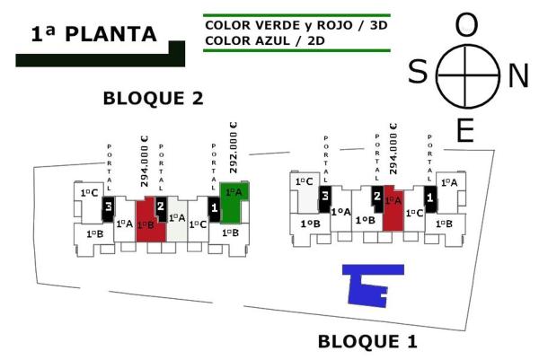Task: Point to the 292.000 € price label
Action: (x=233, y=148)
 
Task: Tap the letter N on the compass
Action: (x=518, y=76)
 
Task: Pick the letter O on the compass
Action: (x=466, y=25)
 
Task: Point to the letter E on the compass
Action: (x=464, y=132)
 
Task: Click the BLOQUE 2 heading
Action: (x=154, y=98)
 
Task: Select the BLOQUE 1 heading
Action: (x=368, y=342)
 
